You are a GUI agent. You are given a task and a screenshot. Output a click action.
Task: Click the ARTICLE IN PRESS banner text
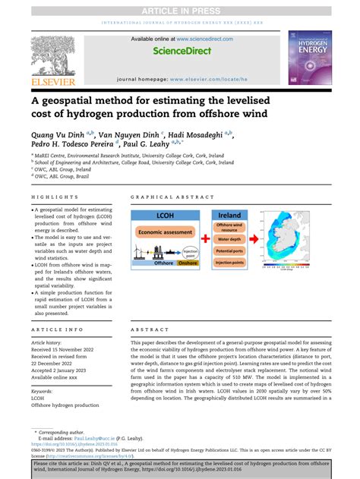(x=180, y=6)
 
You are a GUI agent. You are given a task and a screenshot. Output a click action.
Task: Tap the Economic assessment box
(x=166, y=232)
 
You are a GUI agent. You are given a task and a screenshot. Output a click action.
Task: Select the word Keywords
(x=43, y=387)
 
